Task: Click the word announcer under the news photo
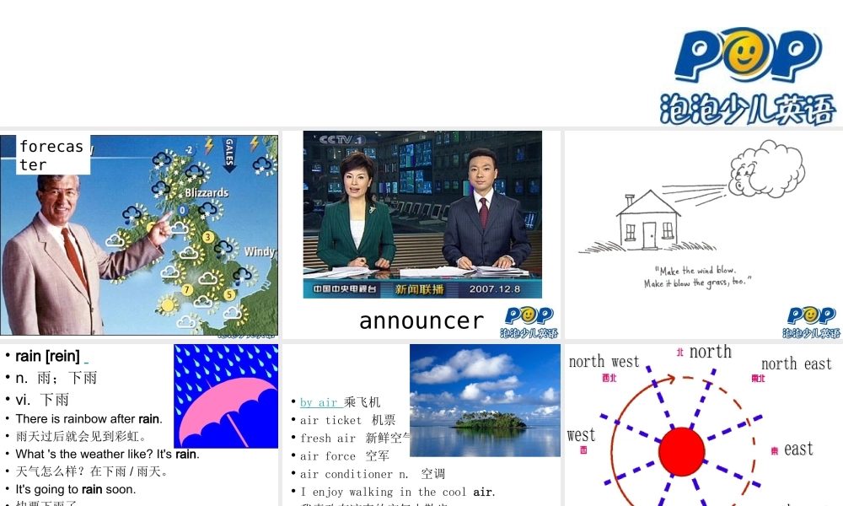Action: point(421,320)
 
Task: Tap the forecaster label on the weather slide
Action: point(51,155)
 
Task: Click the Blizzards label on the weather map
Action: point(207,192)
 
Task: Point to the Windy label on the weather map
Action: point(259,251)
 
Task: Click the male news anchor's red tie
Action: point(483,212)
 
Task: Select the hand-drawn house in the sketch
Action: point(647,221)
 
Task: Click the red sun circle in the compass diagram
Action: point(681,451)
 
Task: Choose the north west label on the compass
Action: point(604,362)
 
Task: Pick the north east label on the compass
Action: point(796,363)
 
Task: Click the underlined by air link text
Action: point(319,402)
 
